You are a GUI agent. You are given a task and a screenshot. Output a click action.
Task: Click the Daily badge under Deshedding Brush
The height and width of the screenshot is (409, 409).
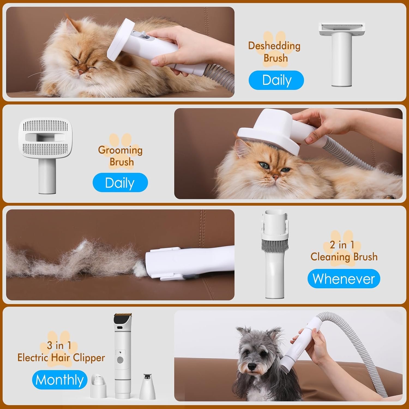[x=276, y=80]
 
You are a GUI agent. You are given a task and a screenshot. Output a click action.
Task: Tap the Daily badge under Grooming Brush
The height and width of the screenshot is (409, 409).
[x=120, y=183]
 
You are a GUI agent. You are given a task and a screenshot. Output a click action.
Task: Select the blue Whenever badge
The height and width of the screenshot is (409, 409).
[x=344, y=279]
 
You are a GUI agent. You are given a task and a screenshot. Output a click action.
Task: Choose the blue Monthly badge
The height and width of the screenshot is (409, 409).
[x=60, y=380]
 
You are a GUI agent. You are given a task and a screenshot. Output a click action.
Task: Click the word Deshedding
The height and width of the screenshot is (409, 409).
[x=274, y=46]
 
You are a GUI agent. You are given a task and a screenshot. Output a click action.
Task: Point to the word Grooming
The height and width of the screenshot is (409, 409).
[x=120, y=150]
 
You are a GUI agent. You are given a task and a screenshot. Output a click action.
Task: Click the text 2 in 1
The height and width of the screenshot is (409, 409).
[x=342, y=245]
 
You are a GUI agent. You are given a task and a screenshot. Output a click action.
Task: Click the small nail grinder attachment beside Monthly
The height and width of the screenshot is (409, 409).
[x=98, y=384]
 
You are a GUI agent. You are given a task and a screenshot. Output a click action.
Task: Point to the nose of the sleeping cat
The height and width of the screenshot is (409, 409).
[x=81, y=71]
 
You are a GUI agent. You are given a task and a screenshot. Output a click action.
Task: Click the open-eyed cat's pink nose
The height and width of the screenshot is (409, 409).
[x=276, y=177]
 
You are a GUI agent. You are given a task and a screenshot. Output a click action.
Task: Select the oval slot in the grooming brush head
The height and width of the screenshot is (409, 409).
[x=45, y=137]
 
